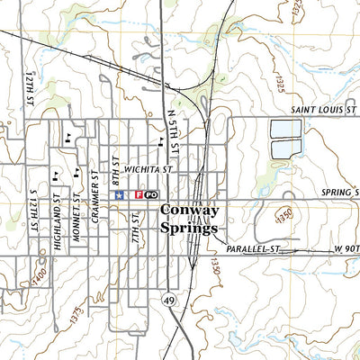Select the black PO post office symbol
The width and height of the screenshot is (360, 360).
tap(151, 194)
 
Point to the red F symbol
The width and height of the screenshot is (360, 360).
tap(139, 194)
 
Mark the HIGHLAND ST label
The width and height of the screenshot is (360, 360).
tap(56, 213)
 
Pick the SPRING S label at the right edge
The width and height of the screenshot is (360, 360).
tap(340, 193)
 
